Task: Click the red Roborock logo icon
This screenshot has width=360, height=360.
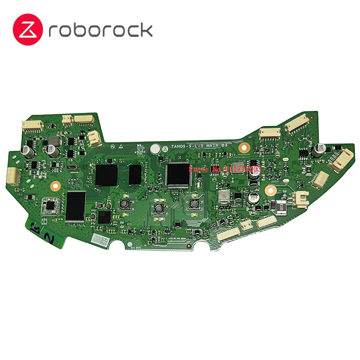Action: (29, 30)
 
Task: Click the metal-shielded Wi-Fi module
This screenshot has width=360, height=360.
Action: (50, 205)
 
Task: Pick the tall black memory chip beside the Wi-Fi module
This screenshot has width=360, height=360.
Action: (76, 206)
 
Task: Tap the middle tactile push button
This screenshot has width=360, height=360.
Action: (158, 208)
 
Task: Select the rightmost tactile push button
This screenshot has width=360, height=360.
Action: (194, 204)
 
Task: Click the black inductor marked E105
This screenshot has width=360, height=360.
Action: (279, 207)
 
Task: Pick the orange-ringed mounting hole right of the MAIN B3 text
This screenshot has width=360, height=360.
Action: (245, 147)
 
